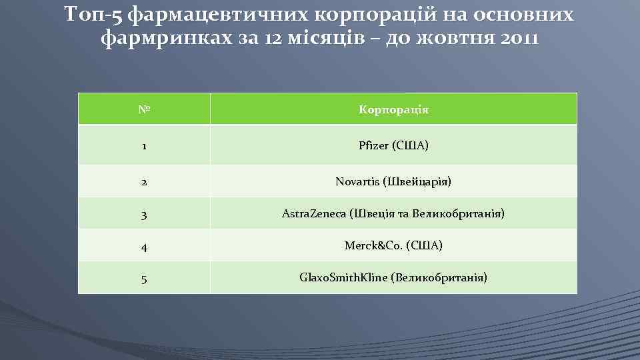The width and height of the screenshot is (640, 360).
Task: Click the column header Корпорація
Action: tap(393, 109)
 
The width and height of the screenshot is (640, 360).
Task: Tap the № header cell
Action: tap(143, 109)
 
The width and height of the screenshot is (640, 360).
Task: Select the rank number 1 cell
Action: tap(143, 145)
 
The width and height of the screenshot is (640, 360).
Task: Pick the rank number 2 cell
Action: tap(143, 181)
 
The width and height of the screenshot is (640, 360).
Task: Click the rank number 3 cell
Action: tap(143, 214)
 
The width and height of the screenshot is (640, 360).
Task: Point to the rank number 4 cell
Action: tap(143, 246)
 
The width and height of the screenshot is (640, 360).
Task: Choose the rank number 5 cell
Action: tap(143, 277)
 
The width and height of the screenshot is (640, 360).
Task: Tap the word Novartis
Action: tap(358, 181)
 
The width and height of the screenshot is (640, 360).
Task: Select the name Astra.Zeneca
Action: tap(314, 214)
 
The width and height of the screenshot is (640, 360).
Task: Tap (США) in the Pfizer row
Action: tap(409, 145)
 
